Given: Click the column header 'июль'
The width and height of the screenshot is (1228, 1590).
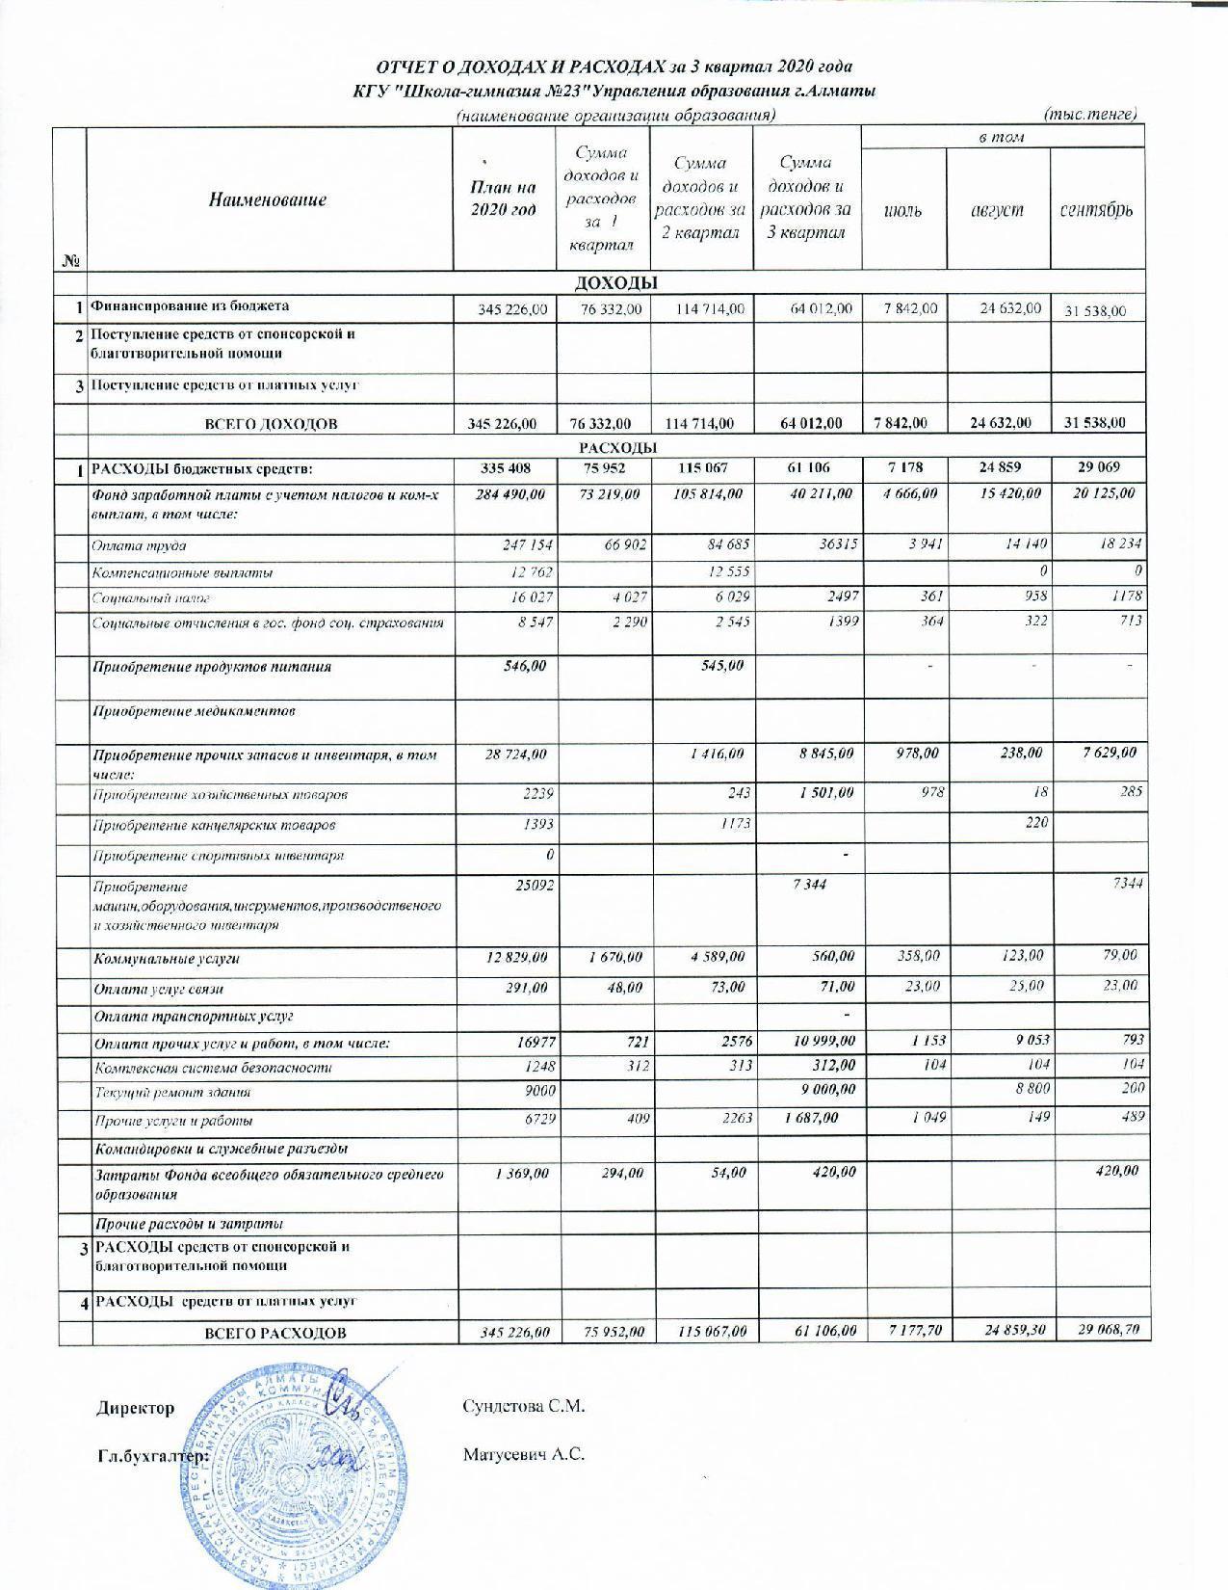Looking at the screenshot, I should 902,210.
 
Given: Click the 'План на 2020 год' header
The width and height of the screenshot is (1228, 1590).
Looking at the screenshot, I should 502,200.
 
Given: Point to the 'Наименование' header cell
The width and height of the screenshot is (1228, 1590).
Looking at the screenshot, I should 269,200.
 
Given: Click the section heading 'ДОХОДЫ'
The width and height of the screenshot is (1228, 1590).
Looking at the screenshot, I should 615,282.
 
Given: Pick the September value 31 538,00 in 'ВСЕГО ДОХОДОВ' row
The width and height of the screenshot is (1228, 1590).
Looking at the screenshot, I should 1096,423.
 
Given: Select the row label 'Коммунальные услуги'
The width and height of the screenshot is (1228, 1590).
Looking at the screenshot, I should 166,959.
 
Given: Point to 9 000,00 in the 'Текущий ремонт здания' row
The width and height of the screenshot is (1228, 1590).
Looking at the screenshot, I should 823,1090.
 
